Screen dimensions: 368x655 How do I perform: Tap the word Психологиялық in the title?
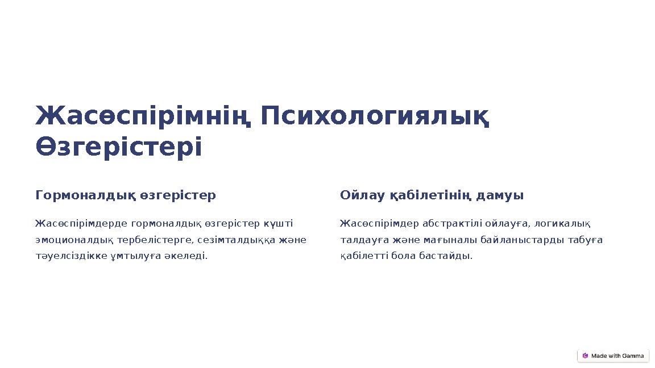tap(375, 116)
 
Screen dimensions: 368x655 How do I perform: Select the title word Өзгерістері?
tap(118, 148)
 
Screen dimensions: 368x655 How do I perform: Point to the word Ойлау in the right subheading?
tap(362, 195)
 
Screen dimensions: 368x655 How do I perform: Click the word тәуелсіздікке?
tap(71, 256)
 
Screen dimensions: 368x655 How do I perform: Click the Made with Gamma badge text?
tap(617, 356)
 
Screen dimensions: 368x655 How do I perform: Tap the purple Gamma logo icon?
tap(585, 356)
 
